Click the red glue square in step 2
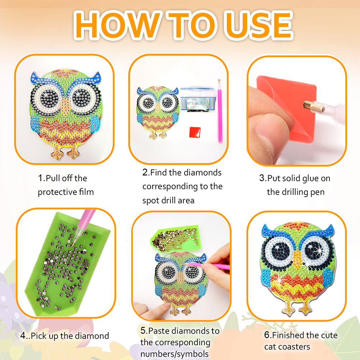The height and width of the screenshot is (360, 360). [x=195, y=132]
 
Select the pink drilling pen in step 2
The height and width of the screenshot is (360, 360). [x=220, y=111]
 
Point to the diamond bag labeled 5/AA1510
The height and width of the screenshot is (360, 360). [x=198, y=101]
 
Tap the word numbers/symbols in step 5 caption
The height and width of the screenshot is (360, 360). [x=174, y=354]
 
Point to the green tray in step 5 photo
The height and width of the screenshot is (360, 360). [x=174, y=239]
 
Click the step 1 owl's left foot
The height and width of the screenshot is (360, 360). [x=56, y=153]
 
